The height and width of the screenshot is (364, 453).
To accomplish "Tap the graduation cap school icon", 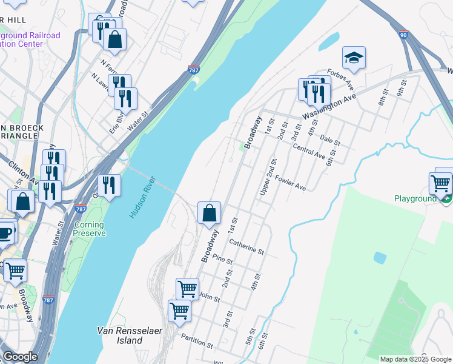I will (x=354, y=58).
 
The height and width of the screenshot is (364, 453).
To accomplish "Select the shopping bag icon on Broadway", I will (x=209, y=213).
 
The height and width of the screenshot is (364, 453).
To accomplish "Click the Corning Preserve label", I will (x=90, y=229).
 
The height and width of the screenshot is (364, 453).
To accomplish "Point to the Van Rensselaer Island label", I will (x=120, y=335).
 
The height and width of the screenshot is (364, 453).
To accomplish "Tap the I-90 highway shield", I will (x=404, y=35).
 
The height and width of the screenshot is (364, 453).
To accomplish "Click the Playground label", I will (x=415, y=198).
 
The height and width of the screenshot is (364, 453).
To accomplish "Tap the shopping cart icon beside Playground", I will (x=440, y=181).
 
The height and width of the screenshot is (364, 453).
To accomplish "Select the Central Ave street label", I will (x=309, y=150).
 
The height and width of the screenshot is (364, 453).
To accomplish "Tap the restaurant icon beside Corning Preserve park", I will (x=108, y=185).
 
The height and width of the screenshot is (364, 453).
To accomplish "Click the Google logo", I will (x=20, y=357).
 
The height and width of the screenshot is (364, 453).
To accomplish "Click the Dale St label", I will (x=331, y=141).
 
